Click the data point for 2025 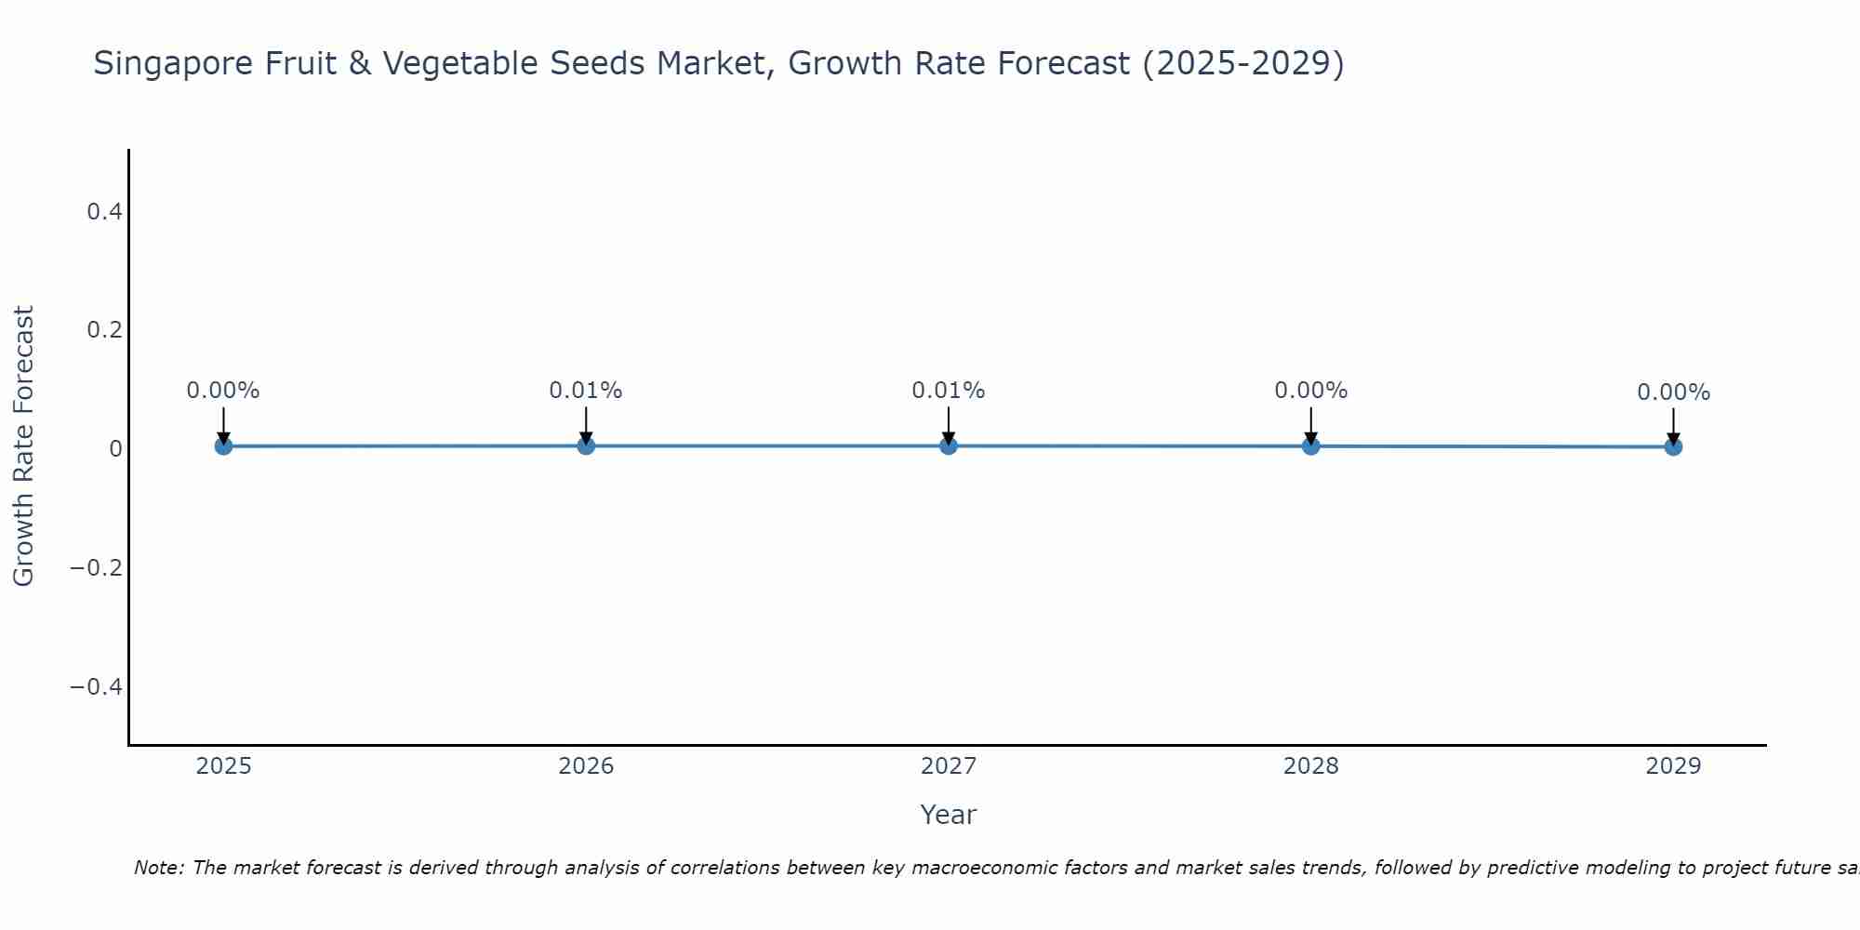[223, 446]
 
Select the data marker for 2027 [948, 445]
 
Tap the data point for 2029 [1673, 446]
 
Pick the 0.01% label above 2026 [585, 391]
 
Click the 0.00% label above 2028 [1310, 391]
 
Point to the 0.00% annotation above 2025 [223, 391]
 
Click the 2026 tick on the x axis [586, 766]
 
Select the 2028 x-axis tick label [1310, 766]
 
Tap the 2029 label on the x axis [1673, 766]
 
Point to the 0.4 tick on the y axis [104, 212]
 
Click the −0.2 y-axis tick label [97, 567]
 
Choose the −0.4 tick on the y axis [97, 686]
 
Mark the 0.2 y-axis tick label [104, 330]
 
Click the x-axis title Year [948, 815]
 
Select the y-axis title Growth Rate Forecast [23, 446]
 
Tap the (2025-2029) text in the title [1243, 64]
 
